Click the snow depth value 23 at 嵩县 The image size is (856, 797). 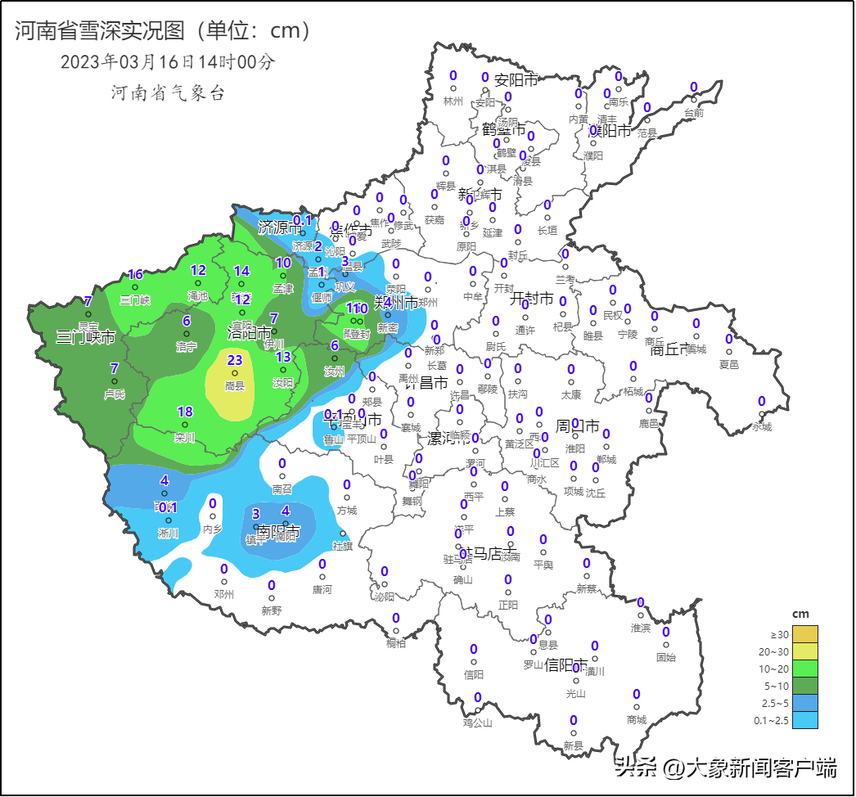235,360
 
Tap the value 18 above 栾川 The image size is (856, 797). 185,412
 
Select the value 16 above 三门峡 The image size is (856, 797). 136,275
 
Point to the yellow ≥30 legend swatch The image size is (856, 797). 804,634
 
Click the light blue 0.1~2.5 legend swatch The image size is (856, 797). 804,720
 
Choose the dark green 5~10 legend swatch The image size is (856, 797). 804,686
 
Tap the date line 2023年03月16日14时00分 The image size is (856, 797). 168,61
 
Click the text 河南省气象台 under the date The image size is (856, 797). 168,92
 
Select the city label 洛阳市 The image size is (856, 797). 250,333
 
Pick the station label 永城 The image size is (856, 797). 762,426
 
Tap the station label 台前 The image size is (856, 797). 693,113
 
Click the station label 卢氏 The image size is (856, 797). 115,394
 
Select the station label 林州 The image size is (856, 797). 453,101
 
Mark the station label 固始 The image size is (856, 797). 666,657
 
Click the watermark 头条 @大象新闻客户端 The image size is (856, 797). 727,768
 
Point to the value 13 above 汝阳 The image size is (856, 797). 283,357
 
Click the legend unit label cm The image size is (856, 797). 800,614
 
